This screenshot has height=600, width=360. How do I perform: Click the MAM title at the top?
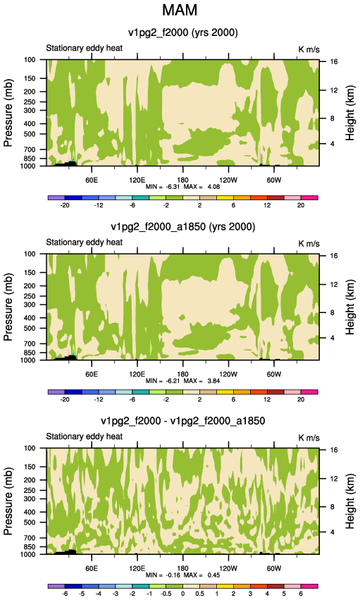180,10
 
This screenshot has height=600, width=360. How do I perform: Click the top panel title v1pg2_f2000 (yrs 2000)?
182,33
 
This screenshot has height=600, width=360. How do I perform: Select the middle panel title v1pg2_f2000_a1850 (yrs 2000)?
182,227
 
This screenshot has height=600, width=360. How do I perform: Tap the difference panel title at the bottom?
182,421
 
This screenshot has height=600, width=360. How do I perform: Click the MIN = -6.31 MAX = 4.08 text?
182,187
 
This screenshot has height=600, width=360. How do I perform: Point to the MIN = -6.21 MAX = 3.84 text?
182,381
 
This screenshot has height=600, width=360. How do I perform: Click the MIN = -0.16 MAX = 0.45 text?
182,575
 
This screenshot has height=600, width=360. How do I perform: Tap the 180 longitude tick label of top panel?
182,180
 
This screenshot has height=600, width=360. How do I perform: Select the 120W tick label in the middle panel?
228,374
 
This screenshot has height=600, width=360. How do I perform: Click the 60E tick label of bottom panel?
92,568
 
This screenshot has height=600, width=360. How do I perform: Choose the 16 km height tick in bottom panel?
334,450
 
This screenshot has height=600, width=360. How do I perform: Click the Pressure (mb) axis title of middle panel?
8,307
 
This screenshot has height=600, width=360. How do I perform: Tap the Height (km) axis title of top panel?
350,114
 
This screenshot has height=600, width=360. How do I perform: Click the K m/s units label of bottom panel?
309,438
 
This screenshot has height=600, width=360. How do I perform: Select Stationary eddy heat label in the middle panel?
84,243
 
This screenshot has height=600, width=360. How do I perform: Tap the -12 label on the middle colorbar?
99,399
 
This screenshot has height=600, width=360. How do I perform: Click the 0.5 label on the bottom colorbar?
200,593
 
